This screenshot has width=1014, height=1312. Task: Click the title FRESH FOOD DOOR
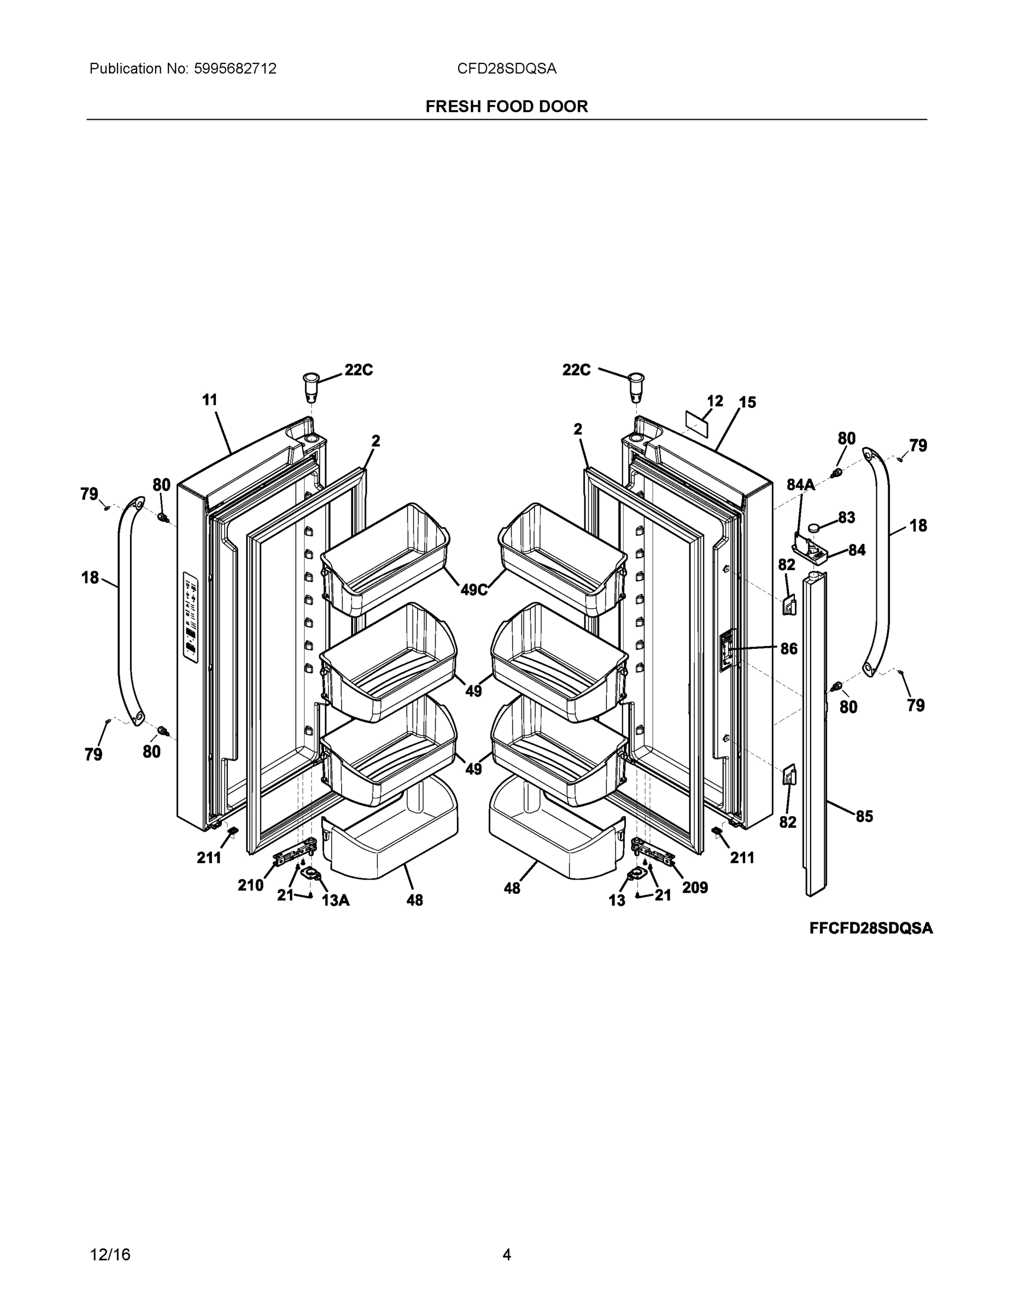click(506, 107)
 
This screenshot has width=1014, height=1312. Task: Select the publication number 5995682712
click(235, 68)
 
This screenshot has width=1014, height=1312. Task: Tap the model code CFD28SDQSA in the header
click(506, 68)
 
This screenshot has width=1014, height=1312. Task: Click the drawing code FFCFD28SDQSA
click(870, 928)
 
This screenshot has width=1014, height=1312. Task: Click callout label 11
click(210, 400)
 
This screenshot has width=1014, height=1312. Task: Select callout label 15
click(747, 402)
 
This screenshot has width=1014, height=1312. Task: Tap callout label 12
click(715, 401)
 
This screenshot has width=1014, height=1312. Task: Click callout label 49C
click(474, 590)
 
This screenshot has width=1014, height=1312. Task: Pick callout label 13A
click(336, 900)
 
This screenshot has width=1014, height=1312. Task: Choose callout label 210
click(250, 885)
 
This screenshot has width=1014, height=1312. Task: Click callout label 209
click(695, 887)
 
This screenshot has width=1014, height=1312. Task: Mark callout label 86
click(789, 648)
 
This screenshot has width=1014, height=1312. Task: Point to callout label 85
click(864, 816)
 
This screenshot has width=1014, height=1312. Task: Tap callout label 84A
click(801, 485)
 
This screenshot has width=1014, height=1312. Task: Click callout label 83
click(846, 517)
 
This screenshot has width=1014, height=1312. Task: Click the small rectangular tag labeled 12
click(698, 424)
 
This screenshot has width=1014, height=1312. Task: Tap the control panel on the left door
click(190, 618)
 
